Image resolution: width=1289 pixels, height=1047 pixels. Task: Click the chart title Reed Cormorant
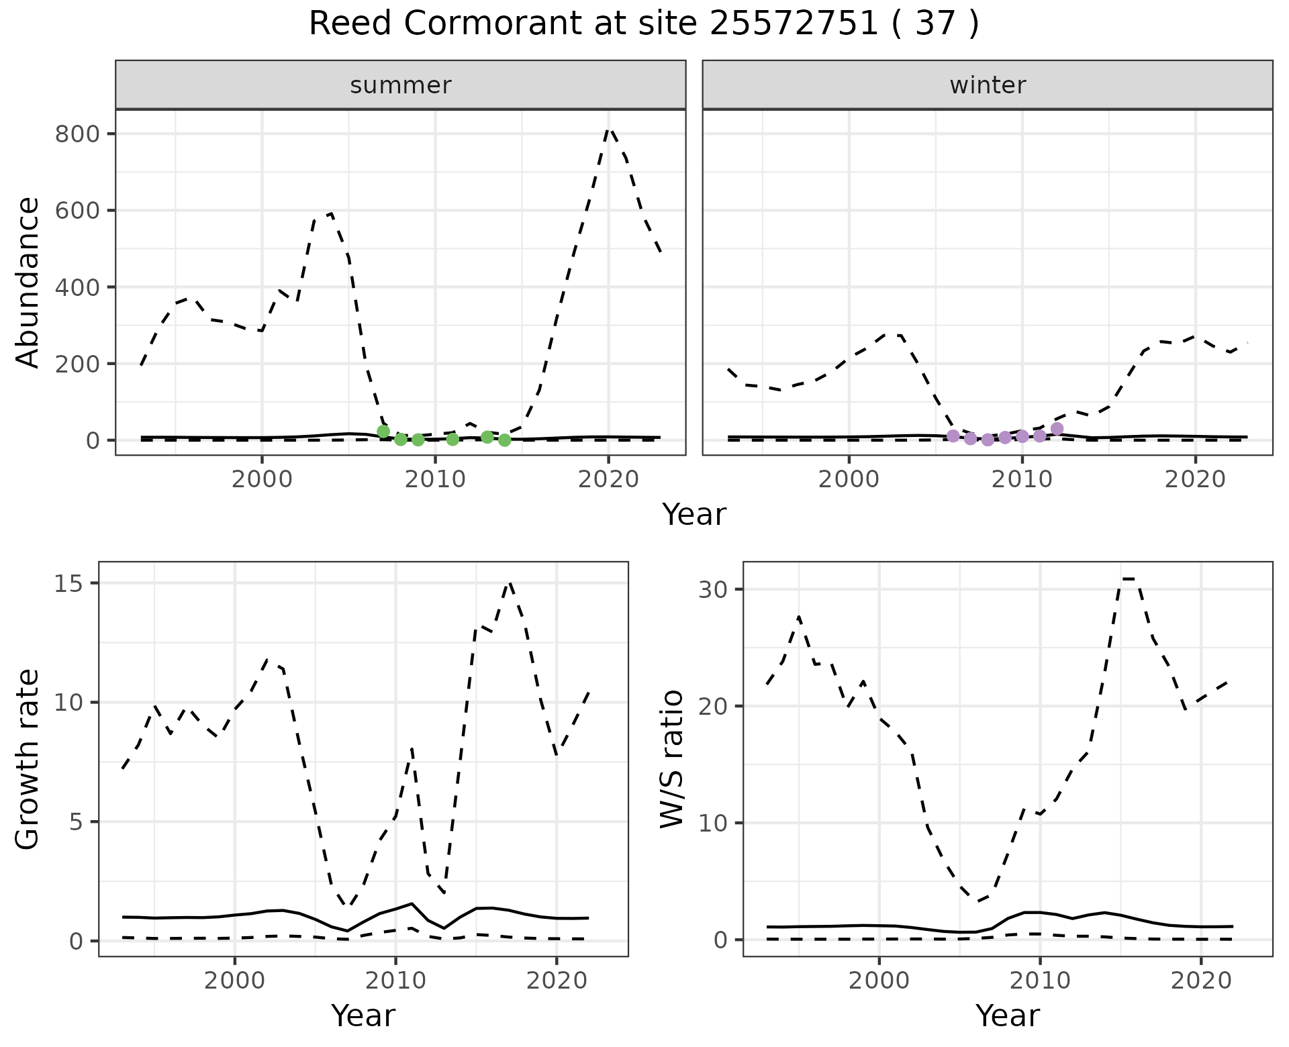point(643,24)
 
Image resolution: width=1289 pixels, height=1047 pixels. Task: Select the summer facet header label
point(401,85)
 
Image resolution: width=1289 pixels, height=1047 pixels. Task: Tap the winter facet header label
point(988,85)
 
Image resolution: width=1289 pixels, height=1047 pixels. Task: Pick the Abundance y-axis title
point(28,282)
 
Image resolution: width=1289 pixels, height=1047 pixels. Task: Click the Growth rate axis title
point(28,758)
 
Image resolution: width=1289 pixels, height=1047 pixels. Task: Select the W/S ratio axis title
point(672,758)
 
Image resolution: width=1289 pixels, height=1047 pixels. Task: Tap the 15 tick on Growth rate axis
point(75,584)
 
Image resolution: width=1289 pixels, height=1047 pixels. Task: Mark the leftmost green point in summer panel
point(383,432)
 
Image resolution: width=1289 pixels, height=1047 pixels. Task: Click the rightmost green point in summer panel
point(505,440)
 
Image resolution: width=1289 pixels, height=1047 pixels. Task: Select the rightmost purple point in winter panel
point(1057,429)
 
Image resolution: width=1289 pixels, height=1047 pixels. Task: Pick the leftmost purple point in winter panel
point(953,436)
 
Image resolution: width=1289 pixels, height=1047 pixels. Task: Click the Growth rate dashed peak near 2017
point(510,583)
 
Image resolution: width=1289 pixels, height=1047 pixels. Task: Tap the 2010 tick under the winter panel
point(1022,480)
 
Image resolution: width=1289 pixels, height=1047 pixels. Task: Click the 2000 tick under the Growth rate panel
point(234,981)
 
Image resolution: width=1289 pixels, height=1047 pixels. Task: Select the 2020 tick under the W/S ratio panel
point(1201,981)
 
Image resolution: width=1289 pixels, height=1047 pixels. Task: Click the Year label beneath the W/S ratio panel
point(1007,1015)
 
